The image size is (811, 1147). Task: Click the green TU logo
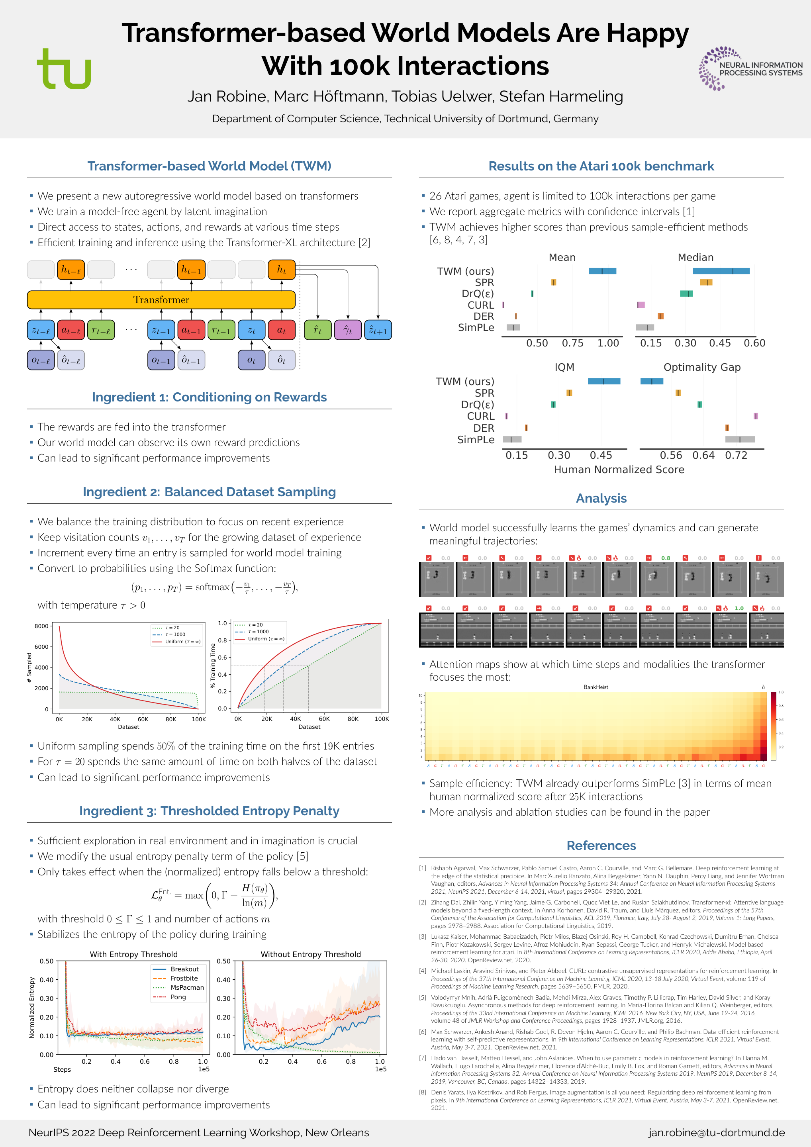(x=64, y=69)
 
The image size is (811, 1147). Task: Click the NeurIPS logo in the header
(x=750, y=69)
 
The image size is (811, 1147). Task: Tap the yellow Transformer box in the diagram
(x=161, y=300)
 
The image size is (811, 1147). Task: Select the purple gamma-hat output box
(x=348, y=330)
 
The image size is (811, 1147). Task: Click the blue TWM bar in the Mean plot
(x=602, y=271)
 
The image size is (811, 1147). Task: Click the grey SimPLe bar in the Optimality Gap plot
(x=740, y=440)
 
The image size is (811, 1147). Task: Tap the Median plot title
(x=695, y=257)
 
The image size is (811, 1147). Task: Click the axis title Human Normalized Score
(x=619, y=470)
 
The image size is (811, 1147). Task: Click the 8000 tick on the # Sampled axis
(x=41, y=626)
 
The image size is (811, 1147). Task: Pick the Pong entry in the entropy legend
(x=178, y=996)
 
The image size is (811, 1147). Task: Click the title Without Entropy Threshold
(x=310, y=954)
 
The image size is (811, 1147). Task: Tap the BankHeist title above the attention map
(x=596, y=687)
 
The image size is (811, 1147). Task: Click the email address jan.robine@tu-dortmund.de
(x=717, y=1133)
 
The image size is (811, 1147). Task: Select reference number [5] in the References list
(x=423, y=997)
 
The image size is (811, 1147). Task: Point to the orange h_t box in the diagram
(x=281, y=270)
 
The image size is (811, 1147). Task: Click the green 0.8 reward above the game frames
(x=666, y=558)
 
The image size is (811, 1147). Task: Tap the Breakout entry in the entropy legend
(x=184, y=969)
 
